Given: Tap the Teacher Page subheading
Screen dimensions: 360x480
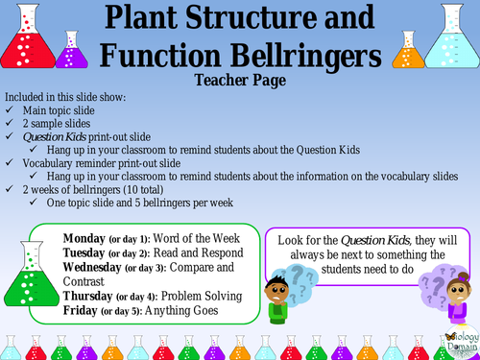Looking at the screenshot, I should (x=239, y=81).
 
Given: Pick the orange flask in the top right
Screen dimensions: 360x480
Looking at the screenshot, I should (x=404, y=54).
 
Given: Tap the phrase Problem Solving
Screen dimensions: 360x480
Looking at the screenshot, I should (x=207, y=297).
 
